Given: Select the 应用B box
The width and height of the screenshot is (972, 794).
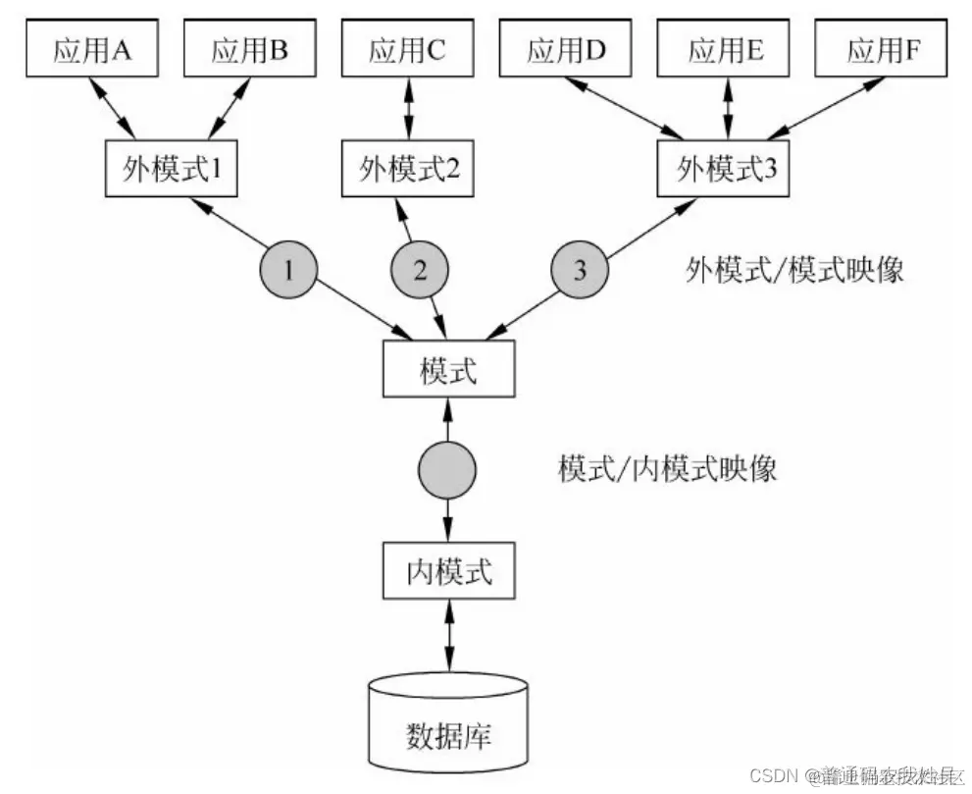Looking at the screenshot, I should tap(249, 50).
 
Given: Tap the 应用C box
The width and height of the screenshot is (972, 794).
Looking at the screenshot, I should tap(408, 50).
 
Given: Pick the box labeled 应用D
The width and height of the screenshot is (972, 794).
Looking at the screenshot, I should tap(567, 50).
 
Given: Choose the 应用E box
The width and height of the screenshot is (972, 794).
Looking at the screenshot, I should tap(727, 50).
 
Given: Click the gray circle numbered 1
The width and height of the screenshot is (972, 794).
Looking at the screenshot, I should tap(287, 270).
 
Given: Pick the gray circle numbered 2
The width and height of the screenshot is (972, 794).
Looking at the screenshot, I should tap(420, 270).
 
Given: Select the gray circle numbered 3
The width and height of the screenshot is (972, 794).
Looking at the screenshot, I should tap(579, 270).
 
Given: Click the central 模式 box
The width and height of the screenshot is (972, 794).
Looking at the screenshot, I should tap(447, 372).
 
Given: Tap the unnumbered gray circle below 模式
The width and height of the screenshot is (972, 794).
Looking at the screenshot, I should tap(447, 470).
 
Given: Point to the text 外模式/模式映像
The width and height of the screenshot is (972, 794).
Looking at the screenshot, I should tap(793, 271).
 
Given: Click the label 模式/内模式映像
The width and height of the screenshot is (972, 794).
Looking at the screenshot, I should tap(667, 468).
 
